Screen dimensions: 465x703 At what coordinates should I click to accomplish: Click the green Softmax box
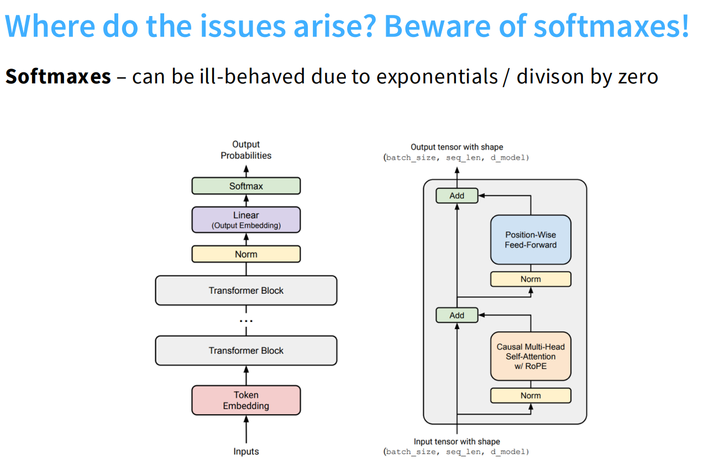coord(246,186)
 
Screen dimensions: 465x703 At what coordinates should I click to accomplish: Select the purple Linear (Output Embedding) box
coord(246,220)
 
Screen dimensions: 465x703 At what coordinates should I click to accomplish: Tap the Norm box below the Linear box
coord(246,254)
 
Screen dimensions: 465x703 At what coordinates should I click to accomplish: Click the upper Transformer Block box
coord(246,290)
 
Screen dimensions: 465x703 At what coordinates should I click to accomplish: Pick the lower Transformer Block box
coord(246,351)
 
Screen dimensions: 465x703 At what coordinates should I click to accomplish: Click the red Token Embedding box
coord(246,400)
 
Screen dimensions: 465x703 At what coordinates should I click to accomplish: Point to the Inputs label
coord(246,452)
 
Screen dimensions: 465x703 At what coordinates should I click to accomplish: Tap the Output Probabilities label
coord(246,150)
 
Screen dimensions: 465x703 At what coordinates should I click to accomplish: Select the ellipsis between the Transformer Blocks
coord(246,321)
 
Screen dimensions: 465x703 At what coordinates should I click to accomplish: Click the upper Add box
coord(457,195)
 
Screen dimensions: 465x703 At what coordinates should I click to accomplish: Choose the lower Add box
coord(457,315)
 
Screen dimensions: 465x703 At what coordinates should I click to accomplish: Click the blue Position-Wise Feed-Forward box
coord(531,240)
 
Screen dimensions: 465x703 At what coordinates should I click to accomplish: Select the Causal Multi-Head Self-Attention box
coord(531,356)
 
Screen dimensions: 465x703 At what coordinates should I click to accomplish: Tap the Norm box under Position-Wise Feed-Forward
coord(531,279)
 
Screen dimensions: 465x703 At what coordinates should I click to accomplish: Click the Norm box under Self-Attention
coord(531,395)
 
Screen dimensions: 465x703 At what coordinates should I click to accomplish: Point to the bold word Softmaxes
coord(58,76)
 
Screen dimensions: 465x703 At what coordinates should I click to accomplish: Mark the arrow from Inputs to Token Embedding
coord(246,430)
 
